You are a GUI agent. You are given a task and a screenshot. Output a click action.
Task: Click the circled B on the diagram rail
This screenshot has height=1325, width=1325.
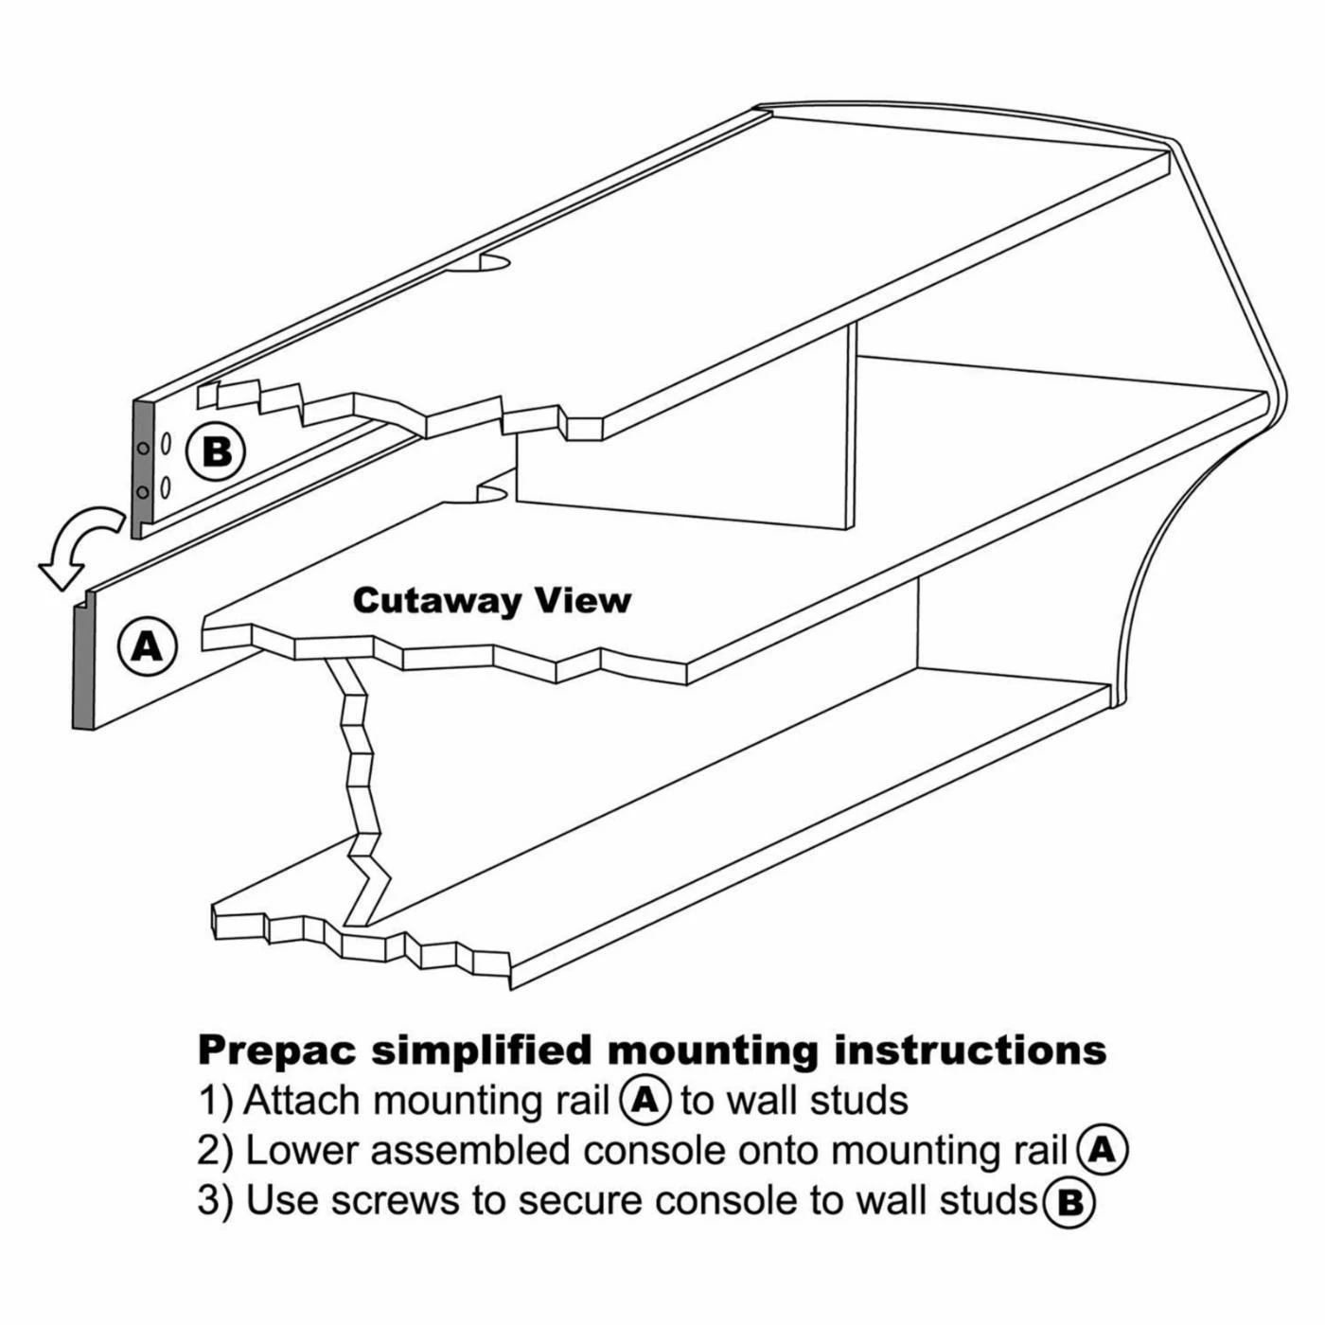click(217, 451)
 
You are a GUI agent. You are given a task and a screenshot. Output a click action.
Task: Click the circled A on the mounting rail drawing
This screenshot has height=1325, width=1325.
click(147, 645)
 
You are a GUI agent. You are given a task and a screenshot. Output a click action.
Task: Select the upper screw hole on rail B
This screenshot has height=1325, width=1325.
click(143, 448)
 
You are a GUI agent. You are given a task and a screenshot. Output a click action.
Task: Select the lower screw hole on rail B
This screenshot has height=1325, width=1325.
click(143, 491)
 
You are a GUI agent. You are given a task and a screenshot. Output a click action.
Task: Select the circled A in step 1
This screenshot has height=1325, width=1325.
click(645, 1100)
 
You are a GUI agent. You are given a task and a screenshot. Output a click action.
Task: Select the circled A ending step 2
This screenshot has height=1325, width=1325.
click(1102, 1150)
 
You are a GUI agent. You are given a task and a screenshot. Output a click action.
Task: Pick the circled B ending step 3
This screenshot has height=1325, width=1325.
click(1069, 1201)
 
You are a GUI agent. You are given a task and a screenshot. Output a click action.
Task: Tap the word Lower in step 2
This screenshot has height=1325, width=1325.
click(302, 1151)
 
